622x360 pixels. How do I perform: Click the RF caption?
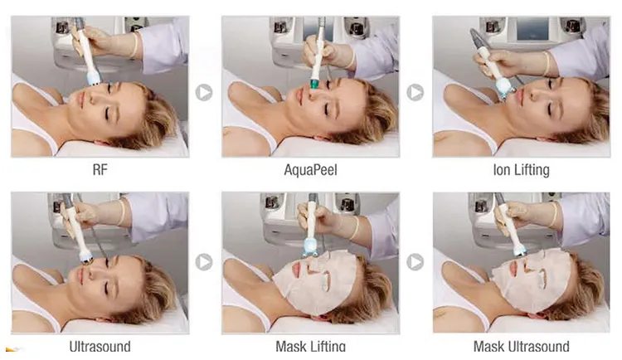[x=100, y=170]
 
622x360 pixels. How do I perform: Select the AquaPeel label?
[x=311, y=170]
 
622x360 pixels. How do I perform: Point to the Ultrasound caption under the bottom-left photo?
[x=100, y=346]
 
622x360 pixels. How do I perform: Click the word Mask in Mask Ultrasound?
[x=488, y=346]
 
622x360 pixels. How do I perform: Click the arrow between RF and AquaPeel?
[x=204, y=92]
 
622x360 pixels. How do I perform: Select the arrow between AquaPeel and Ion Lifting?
[x=415, y=92]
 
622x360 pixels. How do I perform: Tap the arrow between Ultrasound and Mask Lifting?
[x=204, y=262]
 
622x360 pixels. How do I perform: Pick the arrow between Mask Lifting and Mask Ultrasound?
[x=415, y=262]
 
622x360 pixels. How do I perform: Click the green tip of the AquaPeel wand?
[x=315, y=84]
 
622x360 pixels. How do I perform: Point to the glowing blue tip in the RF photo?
[x=94, y=80]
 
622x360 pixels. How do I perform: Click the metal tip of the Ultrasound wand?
[x=86, y=259]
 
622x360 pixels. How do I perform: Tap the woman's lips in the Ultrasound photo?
[x=81, y=276]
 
